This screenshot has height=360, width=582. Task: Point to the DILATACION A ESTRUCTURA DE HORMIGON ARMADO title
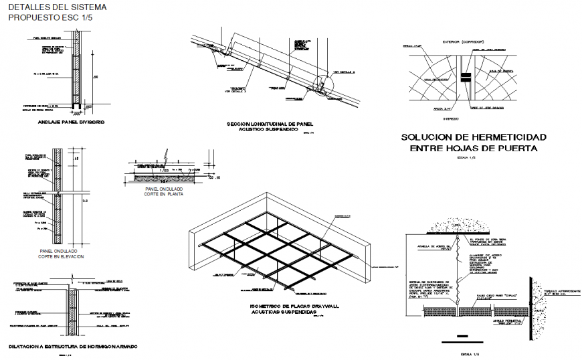coord(73,346)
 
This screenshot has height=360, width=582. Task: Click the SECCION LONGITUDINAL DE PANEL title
coord(270,124)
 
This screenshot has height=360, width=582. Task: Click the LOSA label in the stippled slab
coord(456,226)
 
